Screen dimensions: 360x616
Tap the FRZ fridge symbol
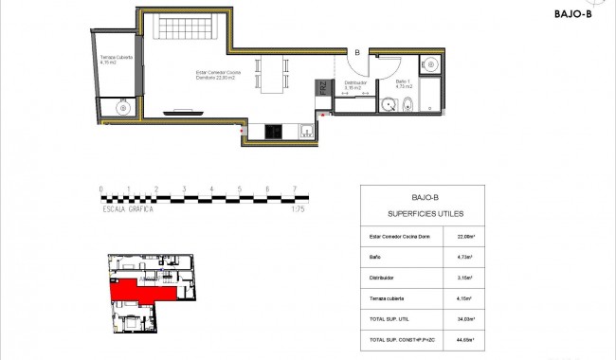point(322,91)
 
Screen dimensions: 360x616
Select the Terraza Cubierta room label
point(116,60)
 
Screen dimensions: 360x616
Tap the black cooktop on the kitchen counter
point(272,132)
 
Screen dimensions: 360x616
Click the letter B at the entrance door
point(357,52)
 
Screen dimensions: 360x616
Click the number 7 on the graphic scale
point(296,189)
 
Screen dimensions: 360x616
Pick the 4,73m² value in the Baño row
point(465,256)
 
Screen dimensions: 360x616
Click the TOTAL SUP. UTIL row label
point(386,318)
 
